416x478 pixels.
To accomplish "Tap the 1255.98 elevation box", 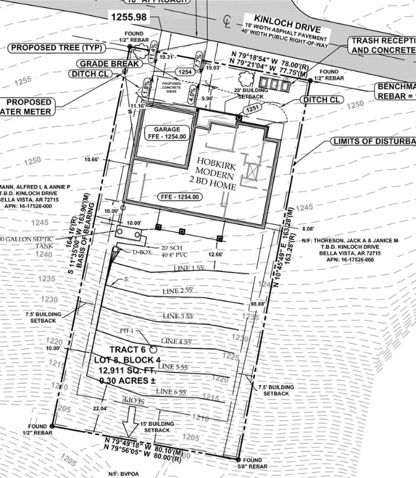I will click(x=129, y=17).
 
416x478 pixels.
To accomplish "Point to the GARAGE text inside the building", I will click(x=159, y=129).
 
